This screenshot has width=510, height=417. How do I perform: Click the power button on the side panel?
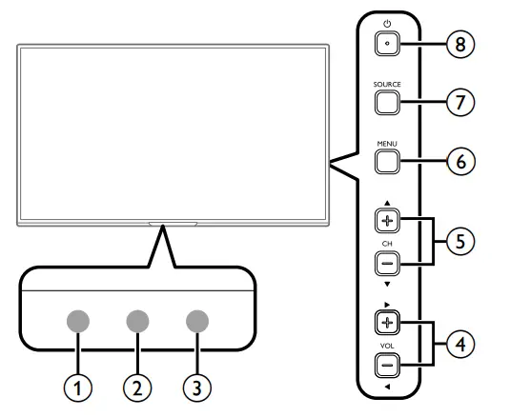click(387, 43)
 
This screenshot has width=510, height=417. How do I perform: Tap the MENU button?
click(386, 161)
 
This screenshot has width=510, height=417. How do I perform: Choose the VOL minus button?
click(386, 363)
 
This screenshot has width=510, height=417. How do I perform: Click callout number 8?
click(460, 43)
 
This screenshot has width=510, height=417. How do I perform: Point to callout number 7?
click(460, 102)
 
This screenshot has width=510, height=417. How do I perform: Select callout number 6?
click(460, 161)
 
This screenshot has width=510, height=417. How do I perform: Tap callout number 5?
click(460, 242)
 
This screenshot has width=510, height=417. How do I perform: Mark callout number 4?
click(460, 342)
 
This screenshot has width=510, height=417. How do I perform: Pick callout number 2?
click(136, 387)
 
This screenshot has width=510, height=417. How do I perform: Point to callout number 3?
click(196, 387)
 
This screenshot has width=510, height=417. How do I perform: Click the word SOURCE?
click(387, 85)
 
